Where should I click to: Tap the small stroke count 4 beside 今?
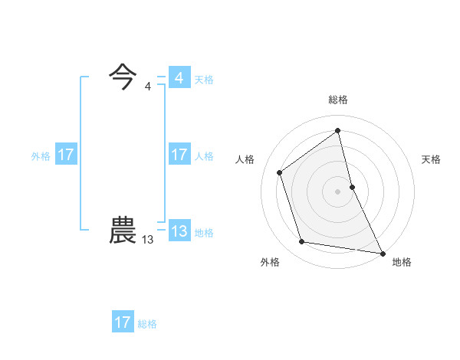tap(148, 86)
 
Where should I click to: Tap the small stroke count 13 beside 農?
tap(147, 240)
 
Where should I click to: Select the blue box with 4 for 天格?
tap(179, 78)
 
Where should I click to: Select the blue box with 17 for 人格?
tap(179, 155)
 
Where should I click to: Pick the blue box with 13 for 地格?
tap(179, 231)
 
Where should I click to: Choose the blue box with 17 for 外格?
tap(66, 155)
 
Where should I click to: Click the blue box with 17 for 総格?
tap(123, 322)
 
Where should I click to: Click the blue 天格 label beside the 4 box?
tap(204, 79)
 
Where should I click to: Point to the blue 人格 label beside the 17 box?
tap(204, 155)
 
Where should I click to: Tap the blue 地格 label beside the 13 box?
tap(204, 232)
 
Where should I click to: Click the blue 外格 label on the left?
tap(41, 155)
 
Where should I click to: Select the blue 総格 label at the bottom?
tap(147, 323)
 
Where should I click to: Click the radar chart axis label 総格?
tap(338, 100)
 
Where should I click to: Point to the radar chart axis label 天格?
tap(431, 159)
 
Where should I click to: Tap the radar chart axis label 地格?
tap(402, 262)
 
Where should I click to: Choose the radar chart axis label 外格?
tap(270, 262)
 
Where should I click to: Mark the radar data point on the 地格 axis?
tap(383, 253)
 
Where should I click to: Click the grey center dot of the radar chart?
tap(337, 191)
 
